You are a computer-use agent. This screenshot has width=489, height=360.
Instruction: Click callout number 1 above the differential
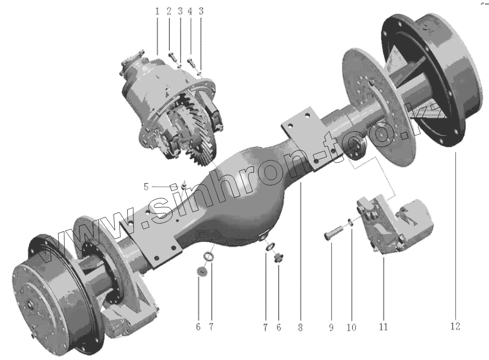pos(158,12)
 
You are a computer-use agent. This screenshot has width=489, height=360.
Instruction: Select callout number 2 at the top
pos(169,12)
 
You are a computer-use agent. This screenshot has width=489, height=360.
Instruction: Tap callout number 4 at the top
pos(190,12)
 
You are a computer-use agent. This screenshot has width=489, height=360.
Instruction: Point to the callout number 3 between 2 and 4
pos(180,12)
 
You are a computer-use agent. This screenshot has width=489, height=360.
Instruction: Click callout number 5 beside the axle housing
pos(146,187)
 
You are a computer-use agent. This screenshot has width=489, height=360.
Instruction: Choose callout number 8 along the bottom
pos(300,327)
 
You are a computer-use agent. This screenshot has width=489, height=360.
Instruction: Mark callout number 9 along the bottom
pos(331,327)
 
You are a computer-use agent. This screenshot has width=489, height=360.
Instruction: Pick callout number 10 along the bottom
pos(351,327)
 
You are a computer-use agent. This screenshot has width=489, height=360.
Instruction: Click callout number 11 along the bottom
pos(383,327)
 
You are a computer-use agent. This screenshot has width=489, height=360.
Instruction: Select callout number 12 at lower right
pos(455,326)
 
